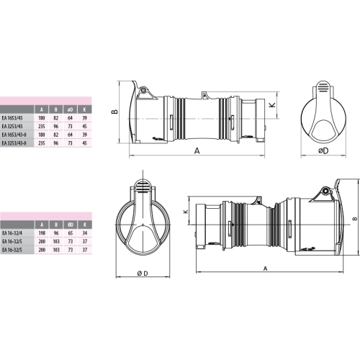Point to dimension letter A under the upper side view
(196, 151)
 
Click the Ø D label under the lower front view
(141, 273)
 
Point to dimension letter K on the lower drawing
(186, 212)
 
